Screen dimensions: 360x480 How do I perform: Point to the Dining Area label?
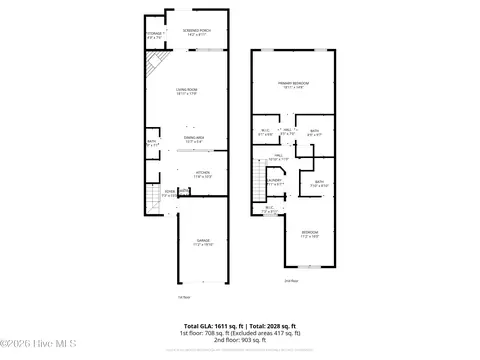coord(194,139)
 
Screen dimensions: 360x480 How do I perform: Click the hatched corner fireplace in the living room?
coord(153,69)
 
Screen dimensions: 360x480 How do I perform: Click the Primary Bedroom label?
coord(294,84)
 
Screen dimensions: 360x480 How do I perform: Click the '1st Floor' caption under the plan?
coord(183,297)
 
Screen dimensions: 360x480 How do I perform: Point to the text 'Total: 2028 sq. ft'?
coord(272,326)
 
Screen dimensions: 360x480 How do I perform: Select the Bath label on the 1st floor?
coord(152,144)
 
